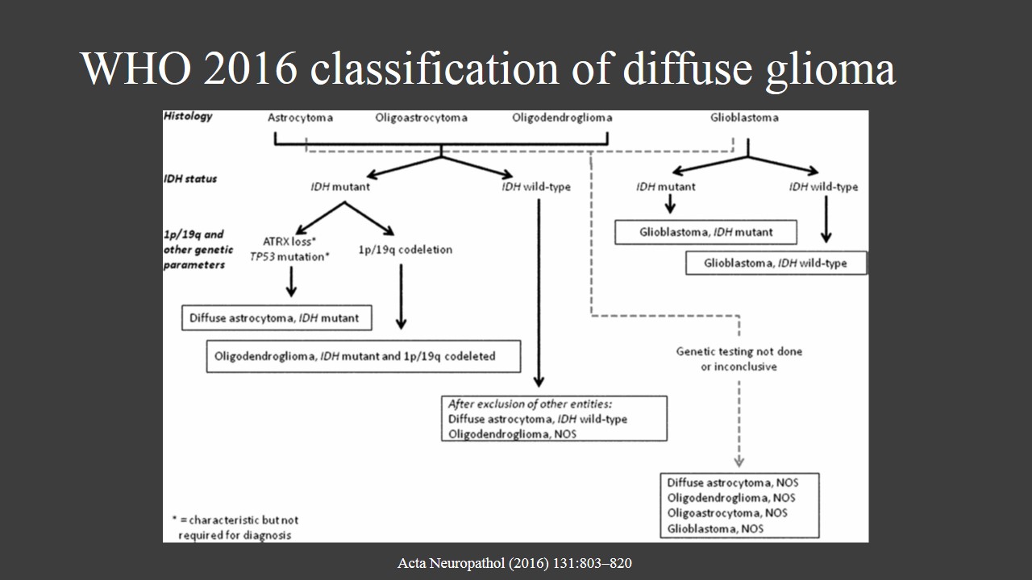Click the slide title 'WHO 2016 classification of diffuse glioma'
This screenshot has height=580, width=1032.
pyautogui.click(x=488, y=68)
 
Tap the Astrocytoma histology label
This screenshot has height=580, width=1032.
pyautogui.click(x=300, y=118)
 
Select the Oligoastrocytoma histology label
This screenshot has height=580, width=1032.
pyautogui.click(x=421, y=118)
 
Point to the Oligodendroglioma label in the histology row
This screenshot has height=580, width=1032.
pyautogui.click(x=561, y=118)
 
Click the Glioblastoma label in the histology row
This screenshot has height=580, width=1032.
pyautogui.click(x=744, y=118)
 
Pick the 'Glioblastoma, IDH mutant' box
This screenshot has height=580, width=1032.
pyautogui.click(x=705, y=232)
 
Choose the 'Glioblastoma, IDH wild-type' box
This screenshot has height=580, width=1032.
pyautogui.click(x=776, y=263)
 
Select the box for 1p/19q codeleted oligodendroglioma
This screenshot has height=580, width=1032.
pyautogui.click(x=363, y=355)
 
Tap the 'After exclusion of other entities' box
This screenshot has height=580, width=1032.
pyautogui.click(x=554, y=418)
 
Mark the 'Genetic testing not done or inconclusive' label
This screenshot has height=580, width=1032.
pyautogui.click(x=739, y=358)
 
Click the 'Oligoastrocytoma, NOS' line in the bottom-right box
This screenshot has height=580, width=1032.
pyautogui.click(x=726, y=513)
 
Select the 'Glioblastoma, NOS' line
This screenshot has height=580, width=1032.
pyautogui.click(x=714, y=528)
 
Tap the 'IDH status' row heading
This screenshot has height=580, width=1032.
pyautogui.click(x=190, y=179)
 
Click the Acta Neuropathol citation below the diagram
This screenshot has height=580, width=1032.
pyautogui.click(x=514, y=563)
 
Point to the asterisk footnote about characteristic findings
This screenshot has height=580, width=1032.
pyautogui.click(x=235, y=528)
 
